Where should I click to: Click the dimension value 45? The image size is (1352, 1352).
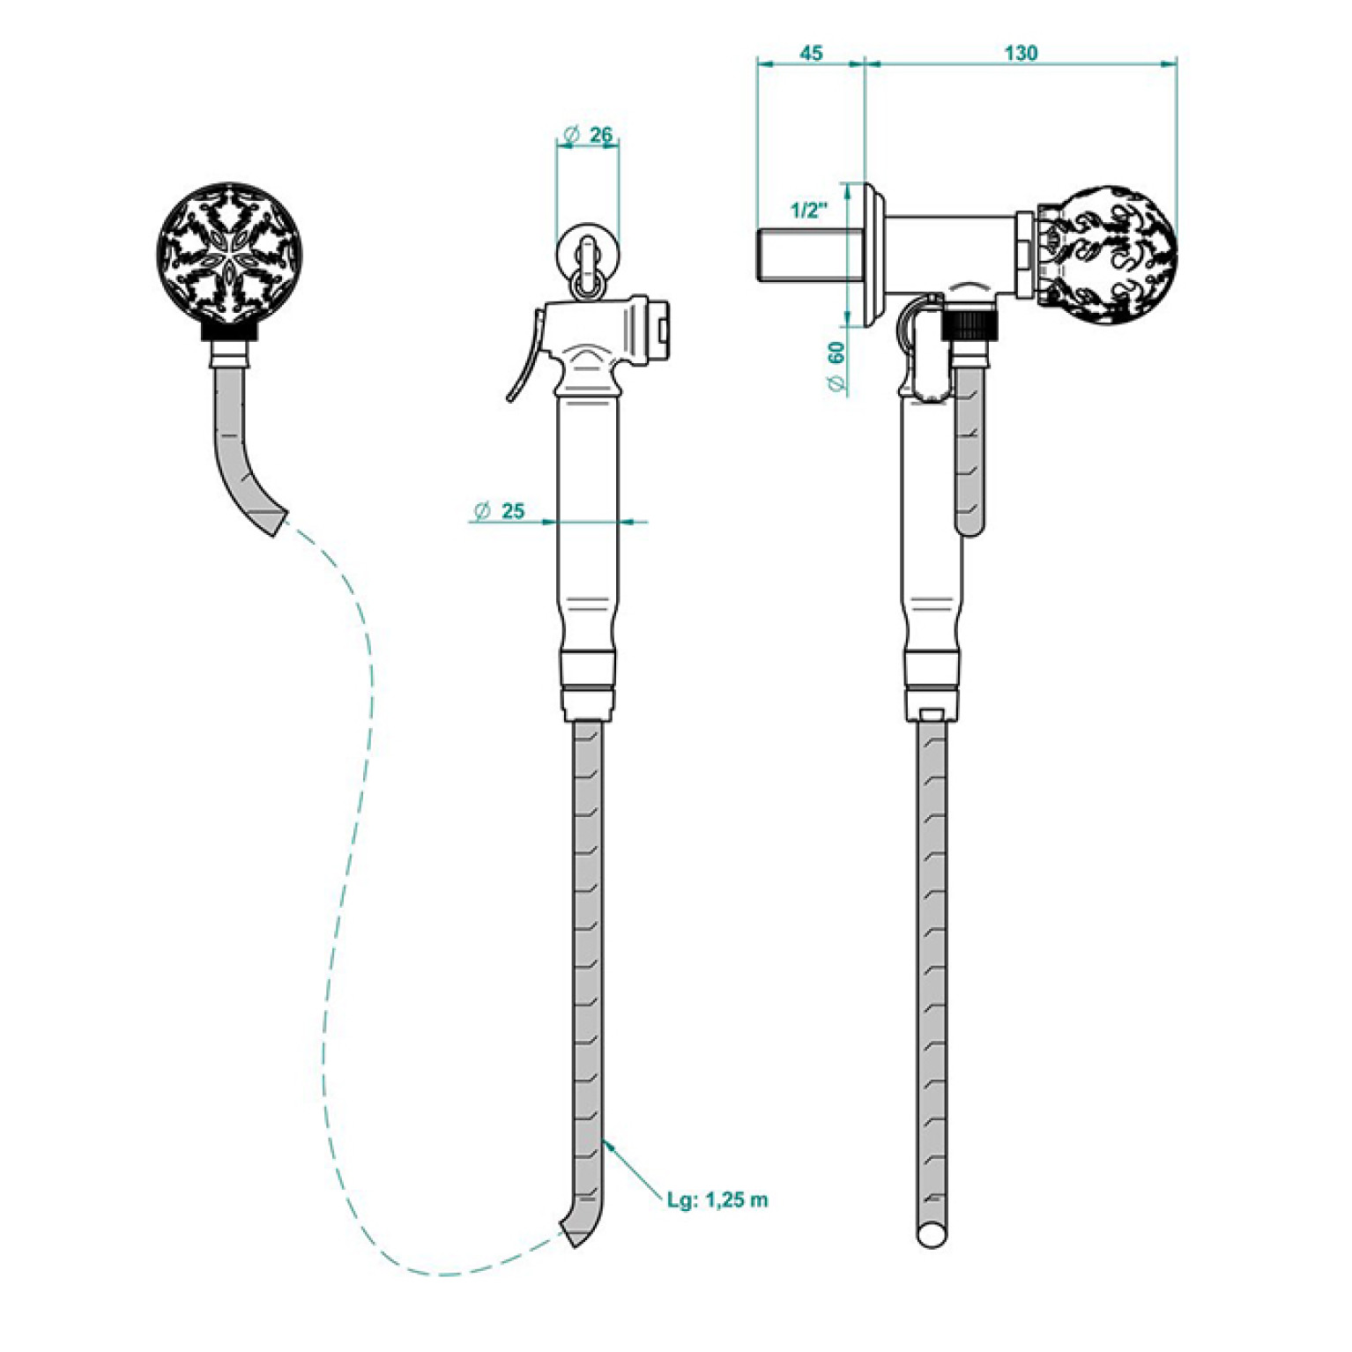[810, 53]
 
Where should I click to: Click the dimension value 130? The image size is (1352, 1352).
[1021, 53]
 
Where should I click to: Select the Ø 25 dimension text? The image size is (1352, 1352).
[500, 510]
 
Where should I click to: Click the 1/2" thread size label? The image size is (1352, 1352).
[809, 211]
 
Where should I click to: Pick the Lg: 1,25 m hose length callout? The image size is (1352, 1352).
[717, 1200]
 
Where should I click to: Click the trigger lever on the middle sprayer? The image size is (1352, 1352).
[524, 357]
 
